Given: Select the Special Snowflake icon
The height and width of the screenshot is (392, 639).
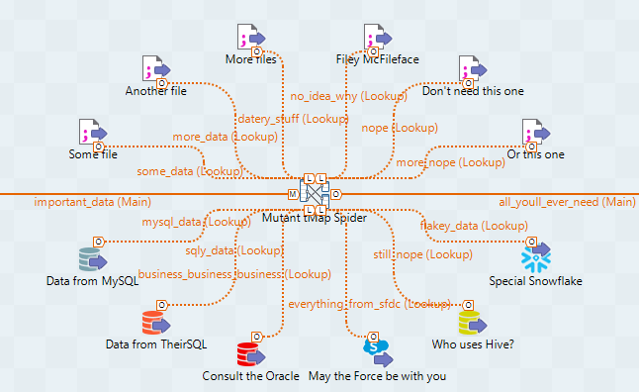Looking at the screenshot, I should pyautogui.click(x=534, y=258).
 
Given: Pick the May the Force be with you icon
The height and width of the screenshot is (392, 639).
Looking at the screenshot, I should pyautogui.click(x=377, y=351).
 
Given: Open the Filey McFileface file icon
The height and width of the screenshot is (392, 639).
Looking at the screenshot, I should pyautogui.click(x=377, y=38).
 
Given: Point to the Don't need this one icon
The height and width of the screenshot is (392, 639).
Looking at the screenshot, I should pyautogui.click(x=472, y=69).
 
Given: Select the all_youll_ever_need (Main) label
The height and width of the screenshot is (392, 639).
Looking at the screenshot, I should pyautogui.click(x=567, y=202).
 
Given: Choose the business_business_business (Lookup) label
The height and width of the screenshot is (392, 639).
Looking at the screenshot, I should pyautogui.click(x=233, y=273).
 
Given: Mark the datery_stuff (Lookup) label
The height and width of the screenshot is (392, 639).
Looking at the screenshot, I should pyautogui.click(x=294, y=119).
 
